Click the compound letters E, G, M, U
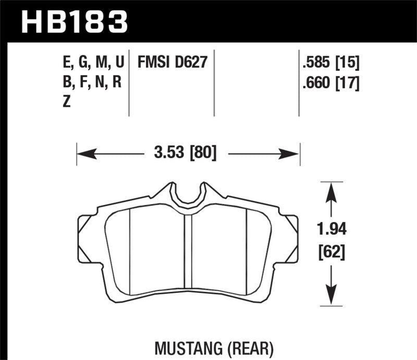pos(92,64)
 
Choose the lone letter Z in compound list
pos(66,103)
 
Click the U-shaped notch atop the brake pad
pos(187,196)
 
